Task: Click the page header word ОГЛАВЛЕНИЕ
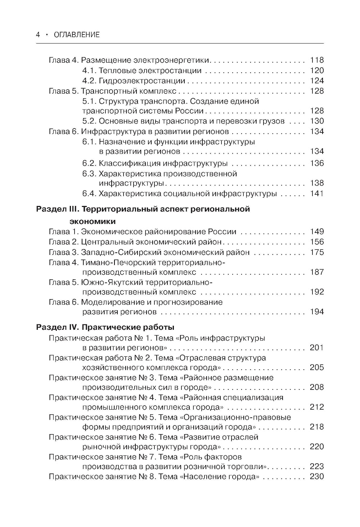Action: pos(76,35)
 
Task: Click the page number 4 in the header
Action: pos(38,35)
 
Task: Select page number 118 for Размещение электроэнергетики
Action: pos(317,60)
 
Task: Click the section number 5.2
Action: pos(89,121)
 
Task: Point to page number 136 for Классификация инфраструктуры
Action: pos(317,163)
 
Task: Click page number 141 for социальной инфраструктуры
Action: pos(317,194)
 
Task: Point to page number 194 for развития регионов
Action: pos(317,312)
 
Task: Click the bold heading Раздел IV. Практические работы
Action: pos(105,327)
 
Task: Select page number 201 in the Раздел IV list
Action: pos(317,348)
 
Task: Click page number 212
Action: pos(317,407)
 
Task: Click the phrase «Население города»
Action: pos(219,477)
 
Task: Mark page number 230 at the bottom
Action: pos(317,477)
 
